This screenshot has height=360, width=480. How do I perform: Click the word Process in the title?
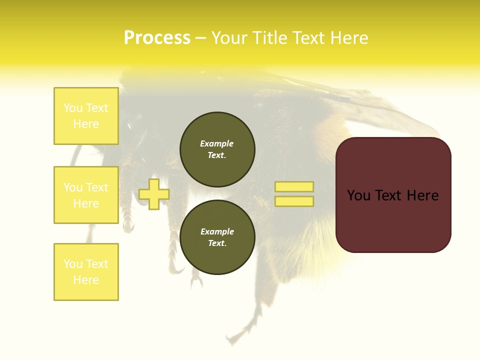pos(157,38)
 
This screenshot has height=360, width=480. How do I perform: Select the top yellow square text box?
pos(86,116)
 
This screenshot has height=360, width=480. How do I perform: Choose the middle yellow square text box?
pos(86,195)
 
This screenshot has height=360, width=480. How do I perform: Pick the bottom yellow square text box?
pos(86,272)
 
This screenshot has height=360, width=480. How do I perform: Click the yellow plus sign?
pos(154,194)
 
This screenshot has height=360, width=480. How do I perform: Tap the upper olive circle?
pos(217,149)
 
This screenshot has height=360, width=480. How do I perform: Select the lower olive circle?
pos(217,237)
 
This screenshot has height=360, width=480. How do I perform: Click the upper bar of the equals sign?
pos(294,187)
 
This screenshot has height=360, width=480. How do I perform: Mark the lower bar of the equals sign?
pos(294,201)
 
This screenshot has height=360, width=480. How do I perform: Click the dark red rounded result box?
pos(393,195)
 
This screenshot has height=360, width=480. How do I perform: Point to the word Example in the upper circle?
pos(217,143)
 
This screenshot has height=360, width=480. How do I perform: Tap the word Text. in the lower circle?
pos(217,243)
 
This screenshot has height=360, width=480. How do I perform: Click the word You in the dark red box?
pos(359,195)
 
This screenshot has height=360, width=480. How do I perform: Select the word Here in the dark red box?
pos(422,195)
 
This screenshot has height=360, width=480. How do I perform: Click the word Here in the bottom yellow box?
pos(86,280)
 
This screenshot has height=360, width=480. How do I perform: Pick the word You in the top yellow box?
pos(73,108)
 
